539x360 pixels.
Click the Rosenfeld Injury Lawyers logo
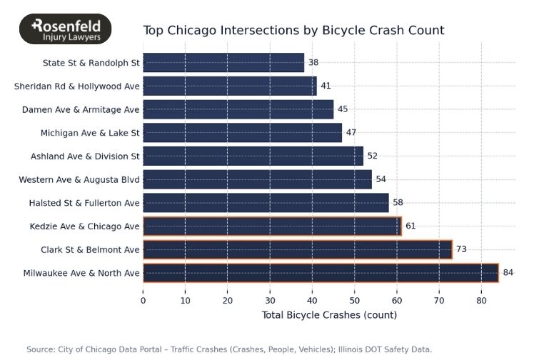[65, 29]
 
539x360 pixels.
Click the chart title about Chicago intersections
[293, 30]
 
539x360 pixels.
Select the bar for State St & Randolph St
[223, 63]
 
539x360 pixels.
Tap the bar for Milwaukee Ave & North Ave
[321, 273]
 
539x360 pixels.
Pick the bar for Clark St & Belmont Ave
[298, 249]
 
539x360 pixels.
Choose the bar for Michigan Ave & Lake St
[242, 133]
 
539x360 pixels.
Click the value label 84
[508, 273]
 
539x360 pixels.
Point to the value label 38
[313, 63]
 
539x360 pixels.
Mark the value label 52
[372, 156]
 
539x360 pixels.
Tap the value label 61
[410, 226]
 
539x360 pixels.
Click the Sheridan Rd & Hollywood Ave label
[77, 86]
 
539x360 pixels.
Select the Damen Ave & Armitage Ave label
[81, 110]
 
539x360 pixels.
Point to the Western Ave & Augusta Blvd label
[79, 179]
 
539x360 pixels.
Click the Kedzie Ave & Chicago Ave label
[85, 226]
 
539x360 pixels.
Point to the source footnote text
[229, 349]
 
